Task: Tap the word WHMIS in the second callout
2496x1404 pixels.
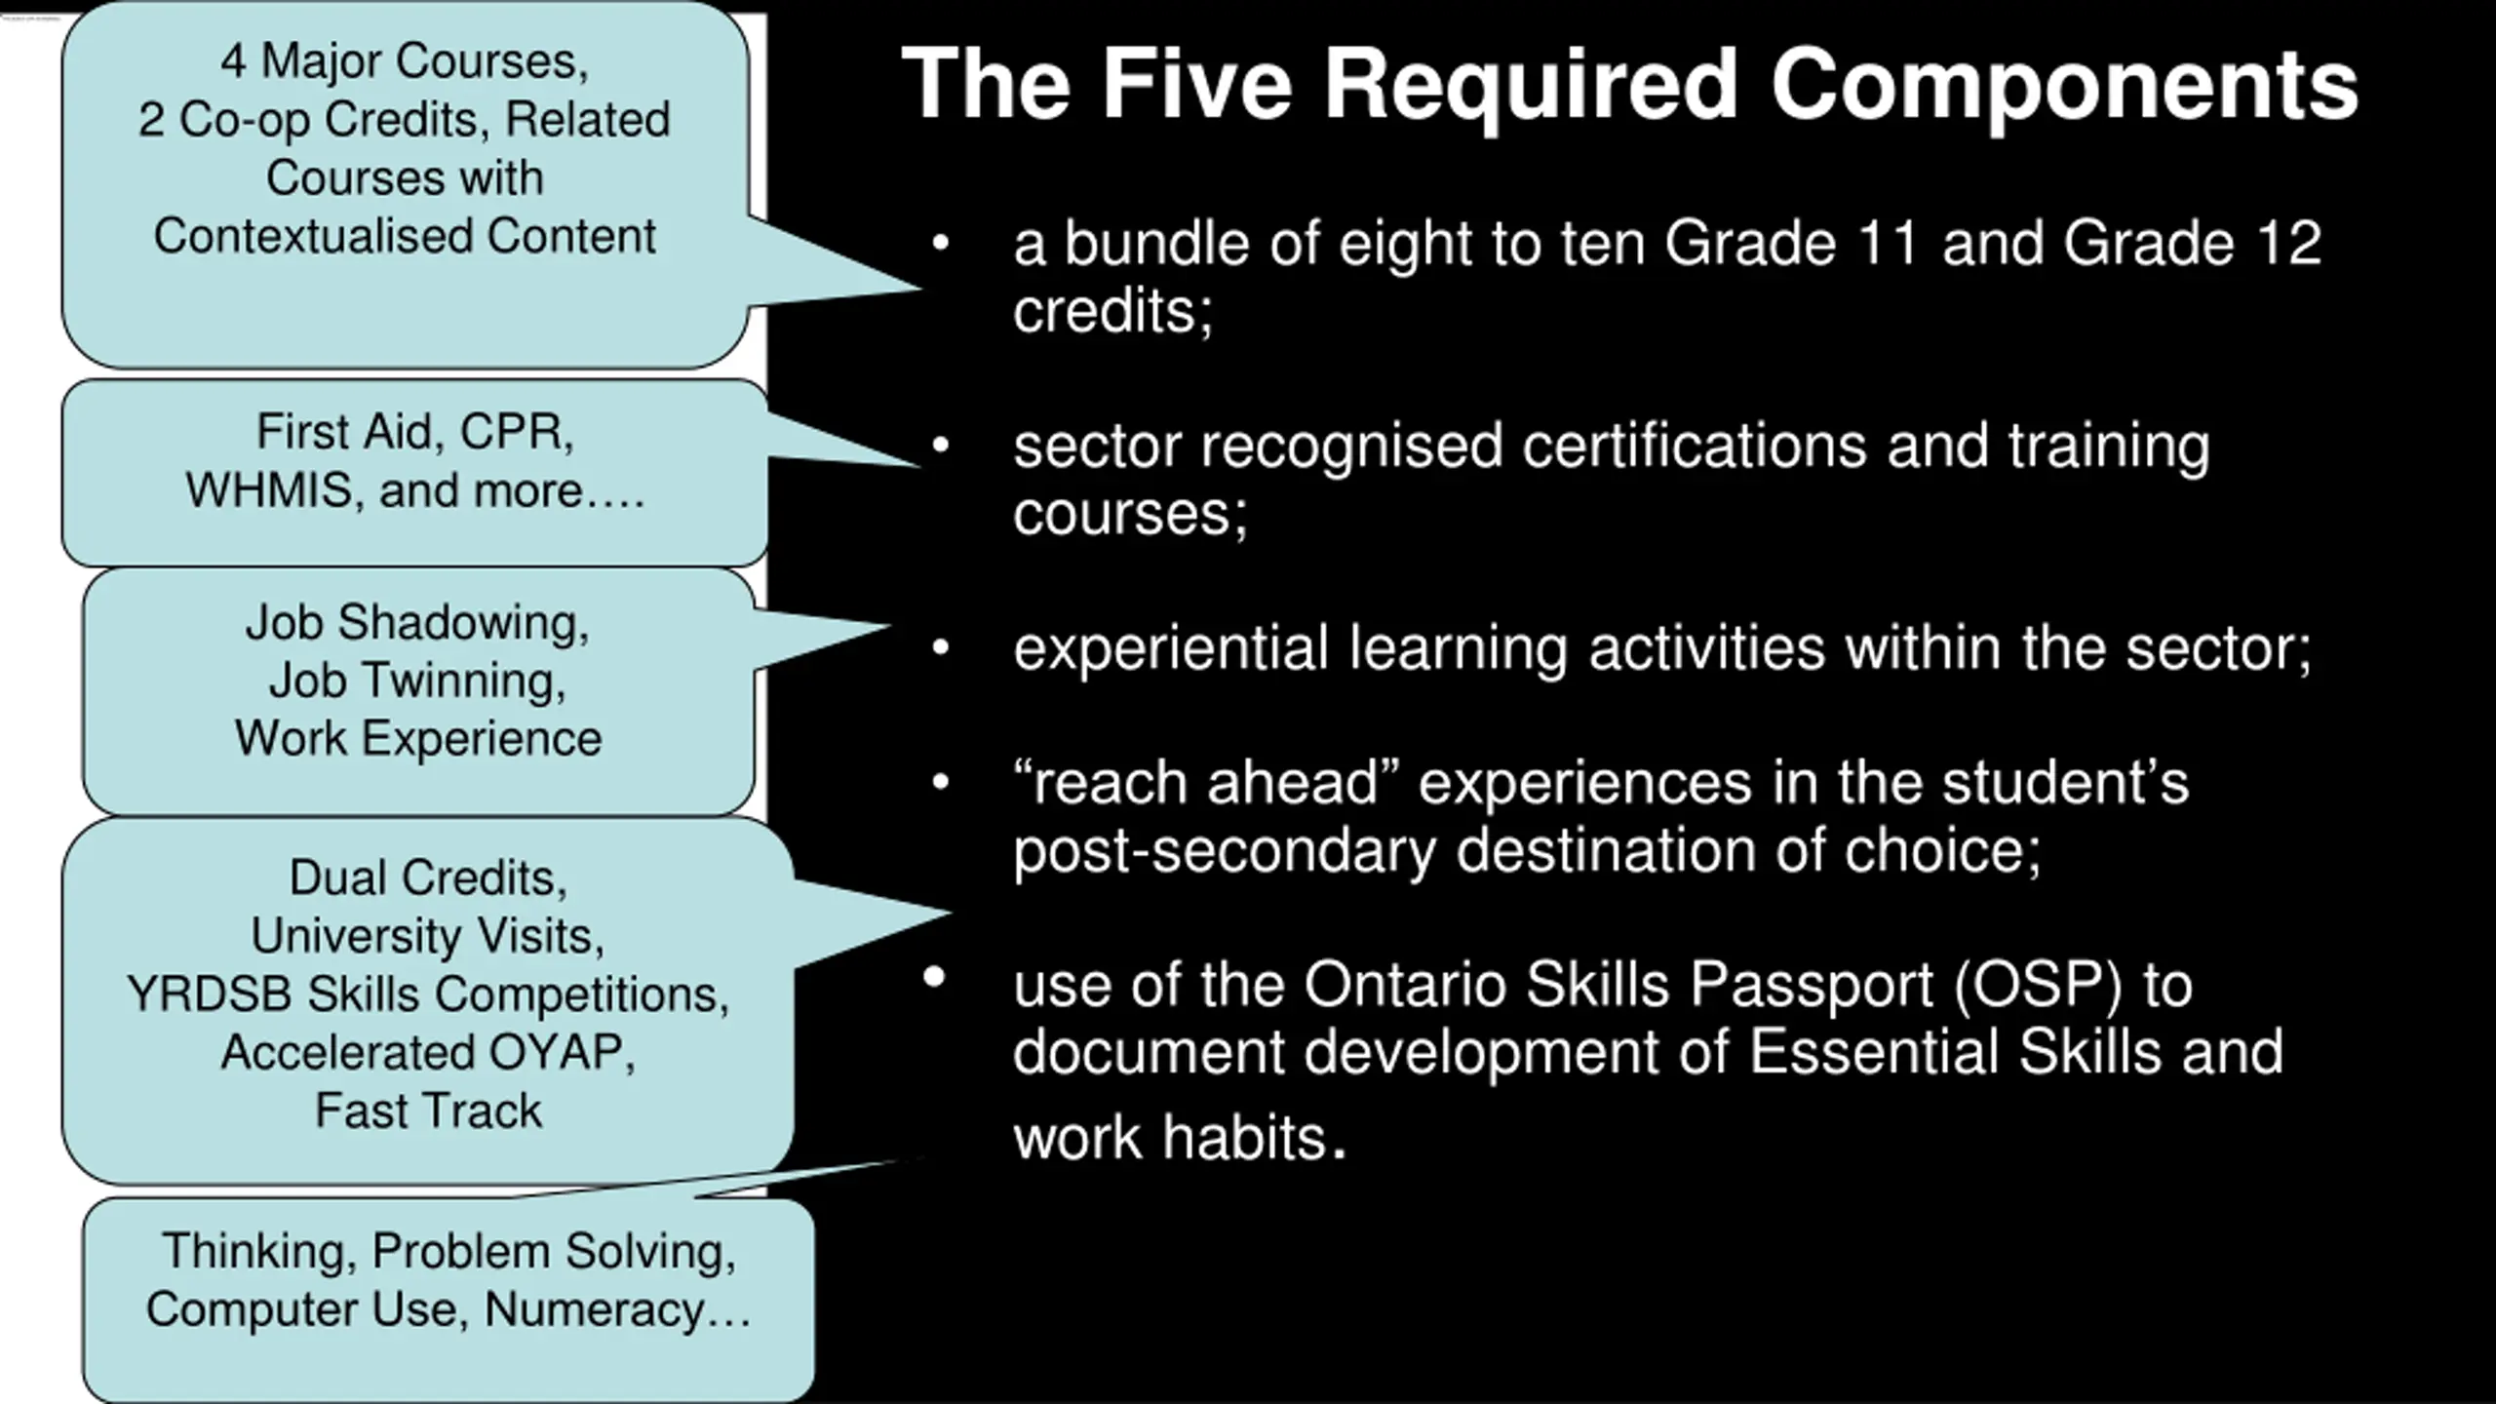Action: click(268, 490)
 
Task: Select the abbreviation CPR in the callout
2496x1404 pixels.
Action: click(515, 432)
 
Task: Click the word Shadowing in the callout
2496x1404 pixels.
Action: click(463, 622)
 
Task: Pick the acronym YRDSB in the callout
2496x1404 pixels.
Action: click(209, 994)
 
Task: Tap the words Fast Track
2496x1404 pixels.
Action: click(428, 1111)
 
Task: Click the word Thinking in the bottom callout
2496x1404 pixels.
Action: click(259, 1251)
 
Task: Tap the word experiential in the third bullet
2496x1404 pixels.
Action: click(1171, 649)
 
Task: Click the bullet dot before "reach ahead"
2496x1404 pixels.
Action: click(940, 782)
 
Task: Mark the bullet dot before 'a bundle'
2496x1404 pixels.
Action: click(940, 243)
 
